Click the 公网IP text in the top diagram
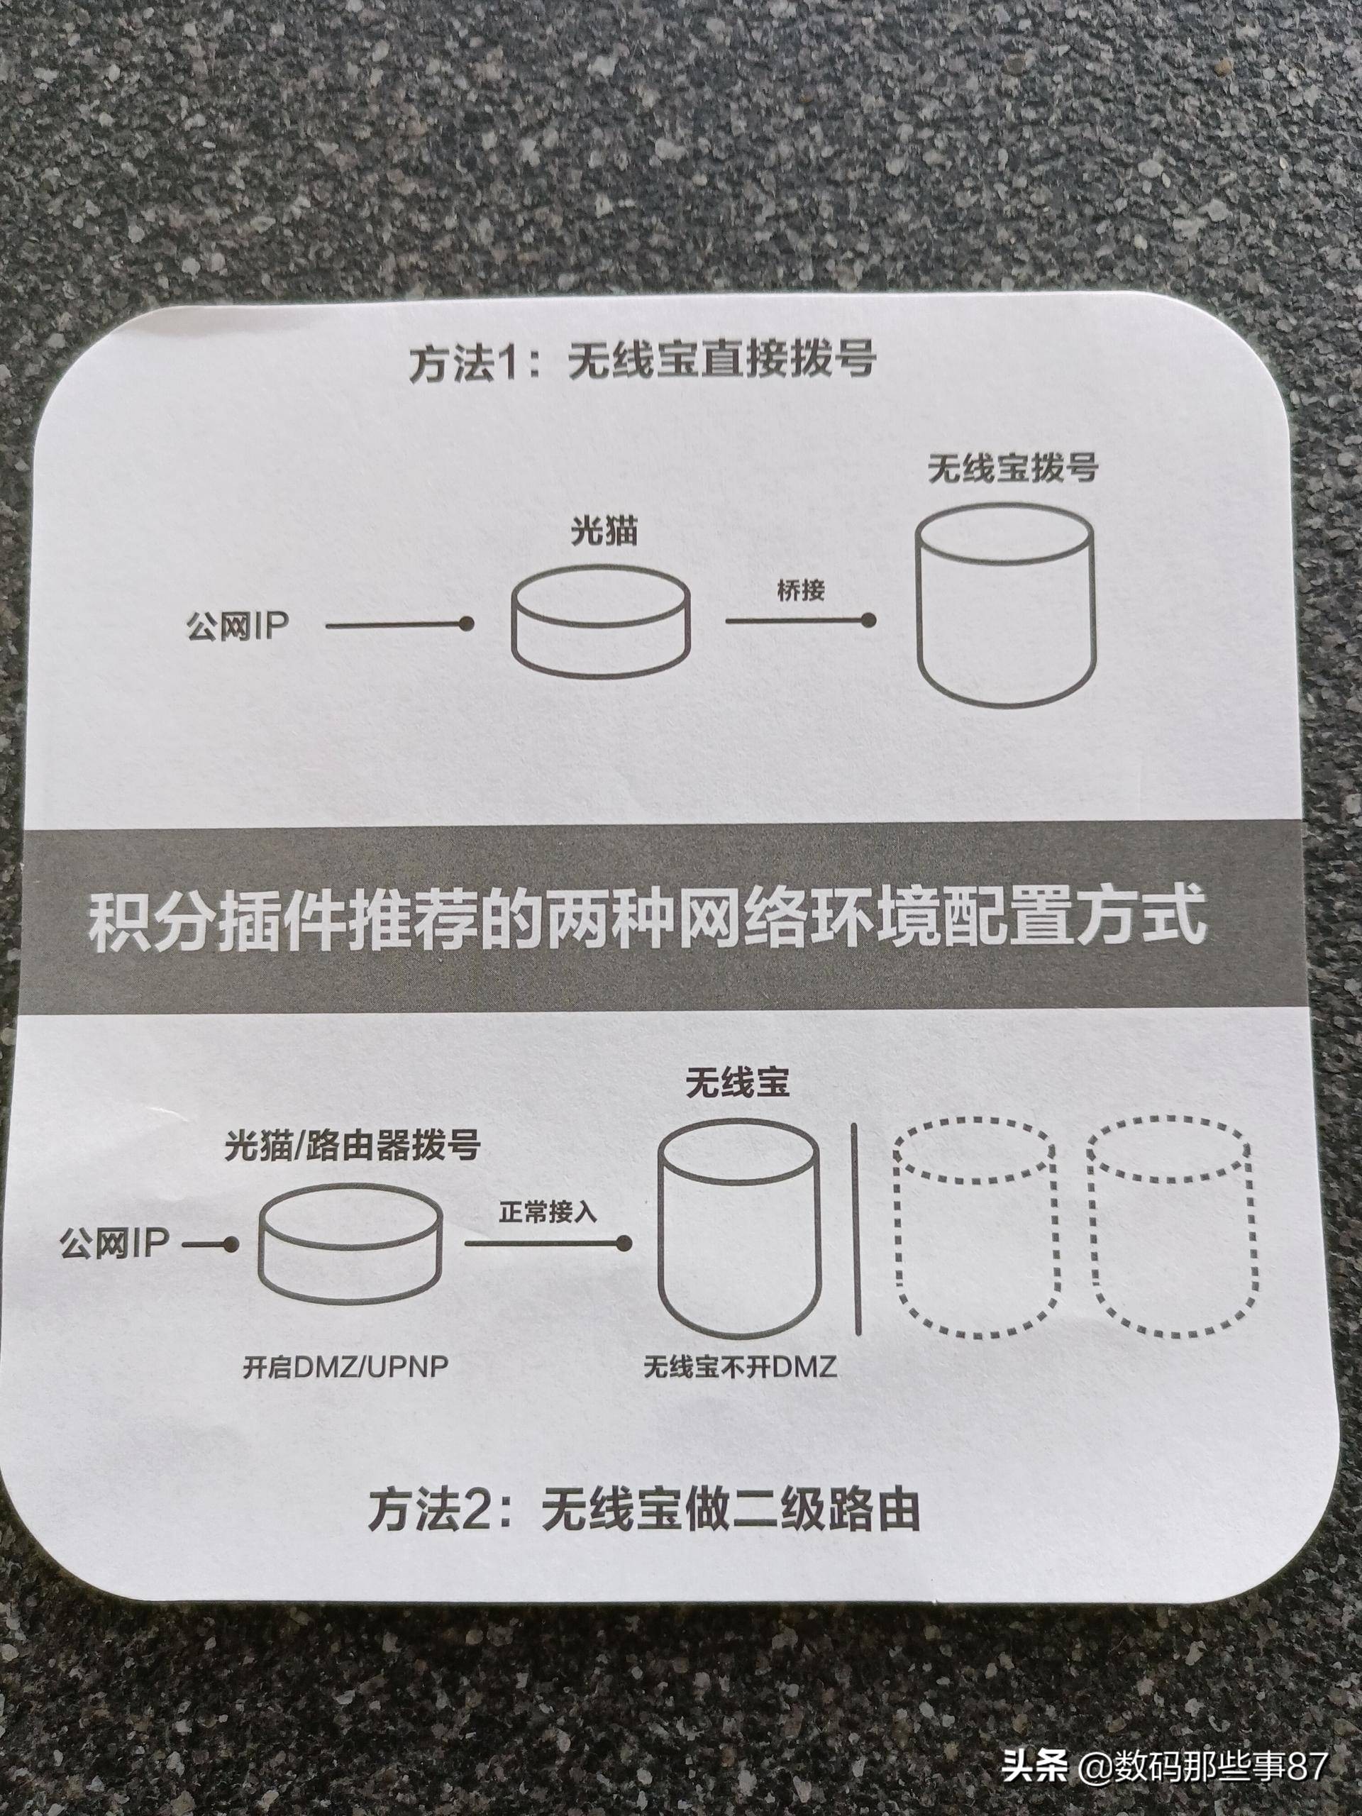pyautogui.click(x=236, y=627)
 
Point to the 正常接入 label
pyautogui.click(x=547, y=1214)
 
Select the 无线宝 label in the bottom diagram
pyautogui.click(x=737, y=1085)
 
